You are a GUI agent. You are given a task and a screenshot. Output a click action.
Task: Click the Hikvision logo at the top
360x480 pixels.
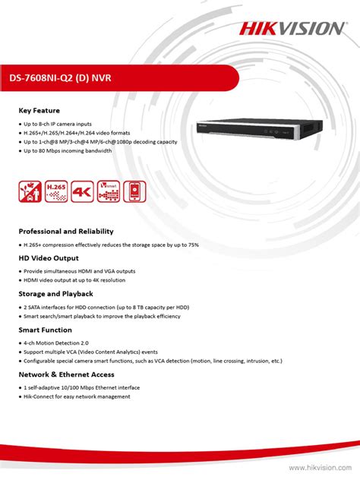coord(292,28)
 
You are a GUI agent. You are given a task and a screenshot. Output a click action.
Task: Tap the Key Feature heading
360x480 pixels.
coord(39,111)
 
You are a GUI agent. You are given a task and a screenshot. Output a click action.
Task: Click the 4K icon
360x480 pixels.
coord(82,191)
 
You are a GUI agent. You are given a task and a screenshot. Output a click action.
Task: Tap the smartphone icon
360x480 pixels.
coord(134,191)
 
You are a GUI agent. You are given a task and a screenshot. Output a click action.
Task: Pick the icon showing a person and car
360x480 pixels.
coord(30,191)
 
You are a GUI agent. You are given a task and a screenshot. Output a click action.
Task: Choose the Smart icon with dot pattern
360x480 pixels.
coord(108,191)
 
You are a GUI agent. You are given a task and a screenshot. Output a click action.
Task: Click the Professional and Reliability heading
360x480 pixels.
coord(66,231)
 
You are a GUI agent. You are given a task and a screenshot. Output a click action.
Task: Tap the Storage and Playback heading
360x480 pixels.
coord(55,293)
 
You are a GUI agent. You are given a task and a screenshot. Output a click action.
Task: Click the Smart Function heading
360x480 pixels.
coord(46,330)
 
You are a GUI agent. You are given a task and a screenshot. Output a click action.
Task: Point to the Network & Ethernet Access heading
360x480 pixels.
coord(67,374)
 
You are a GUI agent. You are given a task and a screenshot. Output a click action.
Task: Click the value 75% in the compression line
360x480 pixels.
coord(194,245)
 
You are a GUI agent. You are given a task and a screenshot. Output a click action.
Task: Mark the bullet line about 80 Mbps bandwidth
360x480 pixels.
coord(68,150)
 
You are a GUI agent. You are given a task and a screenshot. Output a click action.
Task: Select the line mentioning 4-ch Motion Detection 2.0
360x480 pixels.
coord(62,343)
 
